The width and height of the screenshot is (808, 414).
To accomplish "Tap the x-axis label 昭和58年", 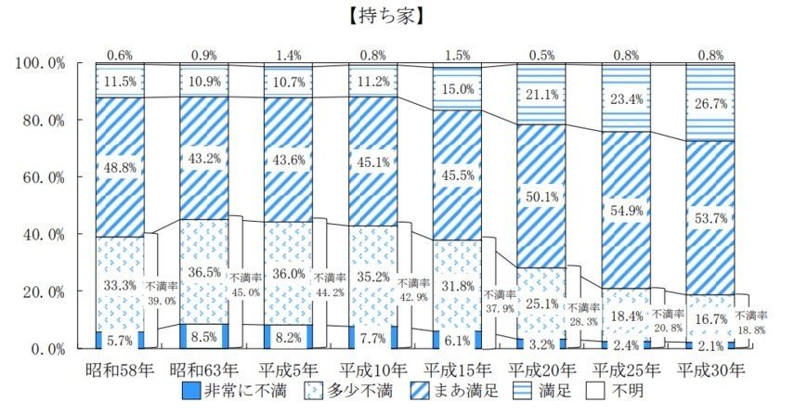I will [x=119, y=369].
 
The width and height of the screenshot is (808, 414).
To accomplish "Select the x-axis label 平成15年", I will [x=457, y=369].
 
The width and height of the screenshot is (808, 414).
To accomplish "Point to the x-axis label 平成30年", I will [x=710, y=369].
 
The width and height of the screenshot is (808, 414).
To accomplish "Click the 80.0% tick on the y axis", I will [x=41, y=120].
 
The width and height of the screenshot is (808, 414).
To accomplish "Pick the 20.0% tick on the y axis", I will [x=41, y=291].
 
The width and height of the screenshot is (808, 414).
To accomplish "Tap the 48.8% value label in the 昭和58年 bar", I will [x=120, y=167].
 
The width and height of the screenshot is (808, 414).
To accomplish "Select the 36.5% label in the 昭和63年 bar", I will [x=204, y=274].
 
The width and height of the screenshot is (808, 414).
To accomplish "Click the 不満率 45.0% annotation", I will [x=246, y=285].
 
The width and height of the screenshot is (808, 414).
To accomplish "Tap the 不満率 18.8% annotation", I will [x=752, y=322].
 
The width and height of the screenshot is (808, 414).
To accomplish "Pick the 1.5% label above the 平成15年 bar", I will [x=457, y=55].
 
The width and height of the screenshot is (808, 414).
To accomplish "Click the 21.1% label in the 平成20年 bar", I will [x=541, y=94].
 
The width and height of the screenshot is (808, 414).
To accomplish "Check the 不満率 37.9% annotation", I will [x=501, y=302].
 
